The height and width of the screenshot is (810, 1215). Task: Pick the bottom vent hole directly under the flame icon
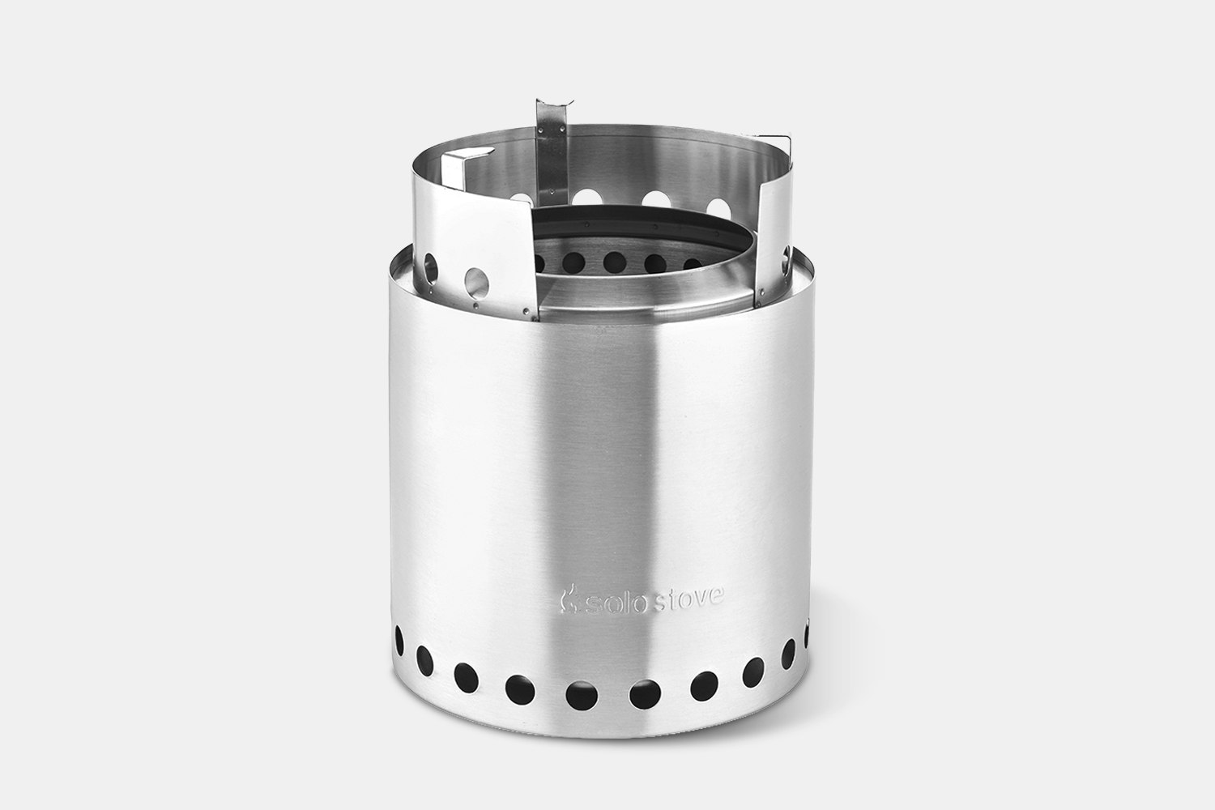pyautogui.click(x=579, y=693)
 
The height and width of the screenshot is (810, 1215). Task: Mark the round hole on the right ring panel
pyautogui.click(x=785, y=262)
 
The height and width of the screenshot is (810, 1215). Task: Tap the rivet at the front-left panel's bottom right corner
pyautogui.click(x=526, y=310)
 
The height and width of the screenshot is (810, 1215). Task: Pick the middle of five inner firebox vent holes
pyautogui.click(x=614, y=261)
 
